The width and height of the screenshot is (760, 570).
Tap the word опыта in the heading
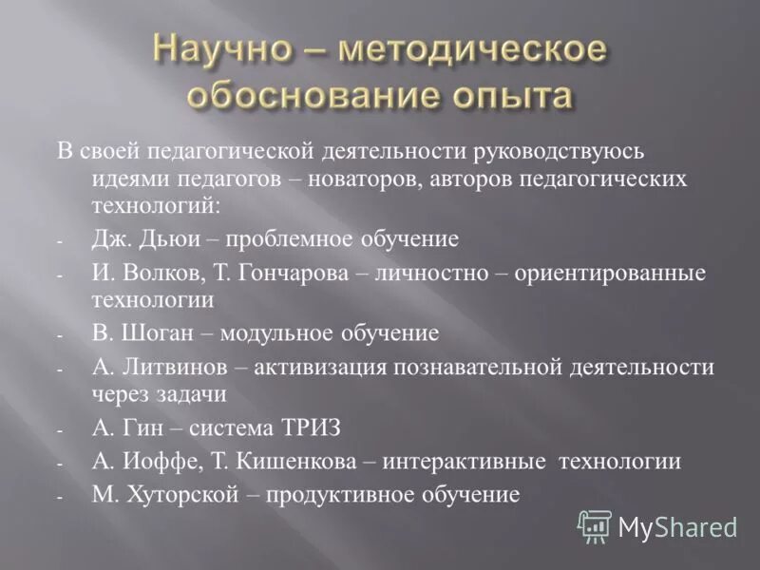[513, 96]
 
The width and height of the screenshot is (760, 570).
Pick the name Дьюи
[165, 238]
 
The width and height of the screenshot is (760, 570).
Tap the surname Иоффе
[152, 462]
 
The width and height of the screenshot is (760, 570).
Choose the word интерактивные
[464, 462]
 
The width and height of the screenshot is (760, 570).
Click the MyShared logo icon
[595, 525]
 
